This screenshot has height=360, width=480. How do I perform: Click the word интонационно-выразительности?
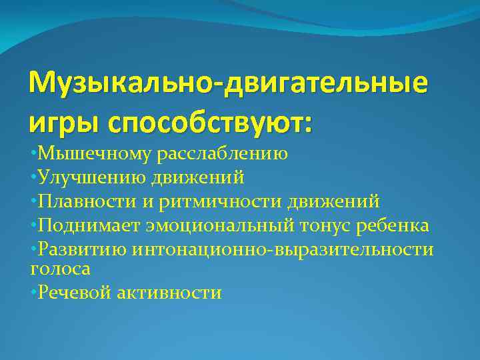(283, 249)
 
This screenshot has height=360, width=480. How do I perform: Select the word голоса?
(60, 268)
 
